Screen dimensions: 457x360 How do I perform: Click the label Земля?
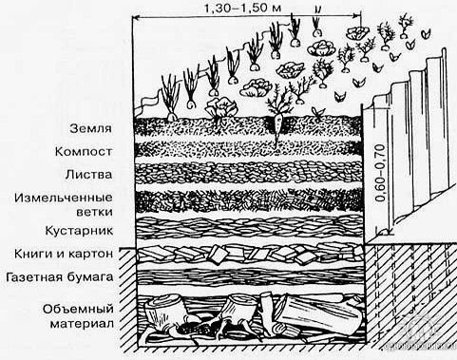91,129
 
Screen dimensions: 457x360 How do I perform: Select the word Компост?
84,152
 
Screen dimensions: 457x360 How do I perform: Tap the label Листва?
89,175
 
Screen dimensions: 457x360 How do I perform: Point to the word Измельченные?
64,199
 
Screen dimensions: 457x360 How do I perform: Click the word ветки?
94,212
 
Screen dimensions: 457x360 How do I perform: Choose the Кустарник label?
79,231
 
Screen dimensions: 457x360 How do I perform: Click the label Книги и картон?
64,254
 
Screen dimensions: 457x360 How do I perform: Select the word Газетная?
34,277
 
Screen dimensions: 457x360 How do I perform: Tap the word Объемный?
78,309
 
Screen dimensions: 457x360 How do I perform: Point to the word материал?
82,324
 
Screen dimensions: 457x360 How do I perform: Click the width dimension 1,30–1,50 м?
243,8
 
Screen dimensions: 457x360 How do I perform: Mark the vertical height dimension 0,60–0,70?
381,173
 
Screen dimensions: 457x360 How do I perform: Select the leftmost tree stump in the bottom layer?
163,311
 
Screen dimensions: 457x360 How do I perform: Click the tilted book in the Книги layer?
217,255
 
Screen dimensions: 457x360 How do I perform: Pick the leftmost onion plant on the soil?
170,97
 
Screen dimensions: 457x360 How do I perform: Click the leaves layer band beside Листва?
249,173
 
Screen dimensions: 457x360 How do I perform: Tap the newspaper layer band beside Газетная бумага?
249,277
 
